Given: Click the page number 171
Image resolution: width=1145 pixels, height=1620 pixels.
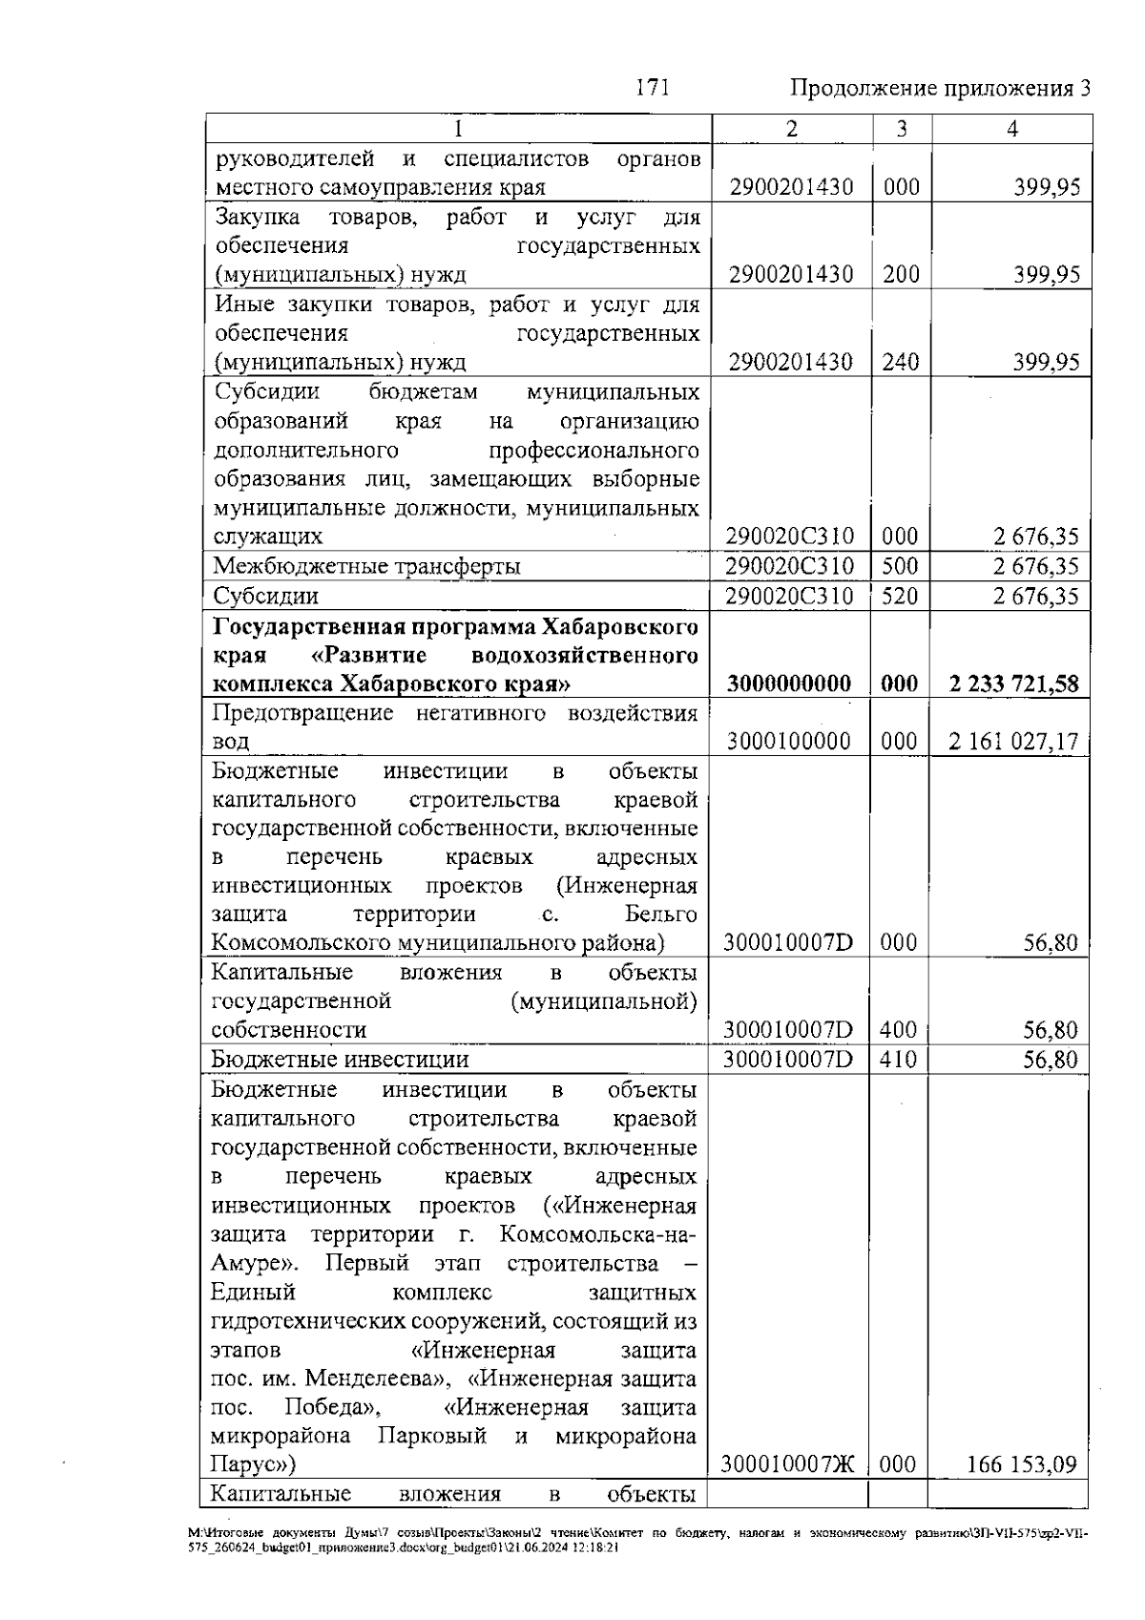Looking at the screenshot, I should coord(653,89).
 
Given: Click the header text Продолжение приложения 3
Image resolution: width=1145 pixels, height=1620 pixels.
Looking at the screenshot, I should coord(940,90).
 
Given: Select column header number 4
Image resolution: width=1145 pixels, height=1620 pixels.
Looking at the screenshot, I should coord(1011,129).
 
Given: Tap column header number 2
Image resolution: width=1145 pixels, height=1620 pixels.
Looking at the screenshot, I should coord(792,129).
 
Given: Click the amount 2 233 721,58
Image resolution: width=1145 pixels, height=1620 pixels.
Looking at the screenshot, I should coord(1014,684).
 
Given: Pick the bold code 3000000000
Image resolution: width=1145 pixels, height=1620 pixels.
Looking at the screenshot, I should coord(789,684).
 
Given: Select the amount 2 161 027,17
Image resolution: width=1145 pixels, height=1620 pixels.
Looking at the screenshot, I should coord(1013,742).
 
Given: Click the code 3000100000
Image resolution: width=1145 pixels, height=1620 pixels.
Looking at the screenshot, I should coord(789,742).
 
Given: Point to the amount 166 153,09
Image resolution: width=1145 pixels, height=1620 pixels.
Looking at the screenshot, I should coord(1021,1464).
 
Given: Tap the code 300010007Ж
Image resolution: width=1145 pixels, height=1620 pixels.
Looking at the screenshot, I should coord(788,1464).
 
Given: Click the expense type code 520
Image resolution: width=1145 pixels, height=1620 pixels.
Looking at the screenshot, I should coord(900,597).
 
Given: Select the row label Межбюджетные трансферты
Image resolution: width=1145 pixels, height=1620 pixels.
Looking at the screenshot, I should coord(366,567).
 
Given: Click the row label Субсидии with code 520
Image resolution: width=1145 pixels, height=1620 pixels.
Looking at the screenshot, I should coord(265,597).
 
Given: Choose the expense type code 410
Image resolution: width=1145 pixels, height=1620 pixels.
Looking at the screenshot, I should coord(898,1060).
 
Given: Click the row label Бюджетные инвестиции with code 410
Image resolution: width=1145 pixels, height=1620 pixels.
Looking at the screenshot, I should coord(340,1060).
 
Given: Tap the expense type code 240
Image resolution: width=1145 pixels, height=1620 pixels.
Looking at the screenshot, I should coord(901,363).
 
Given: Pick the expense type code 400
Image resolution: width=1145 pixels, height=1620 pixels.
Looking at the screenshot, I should coord(898,1030).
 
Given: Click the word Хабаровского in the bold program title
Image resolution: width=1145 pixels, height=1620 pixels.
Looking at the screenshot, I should coord(620,627).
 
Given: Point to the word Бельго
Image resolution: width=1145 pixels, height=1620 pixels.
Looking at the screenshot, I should coord(660,915).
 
